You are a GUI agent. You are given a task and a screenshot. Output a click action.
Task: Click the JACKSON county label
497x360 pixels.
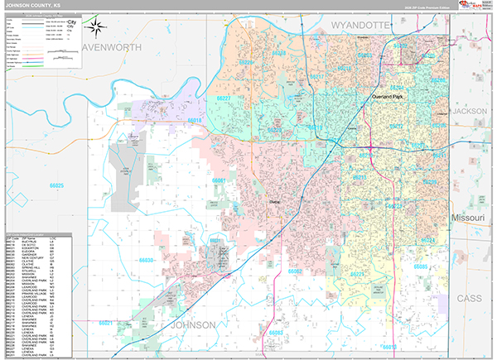[x=470, y=110]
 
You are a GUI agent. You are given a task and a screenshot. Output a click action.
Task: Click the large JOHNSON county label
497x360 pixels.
[x=199, y=325]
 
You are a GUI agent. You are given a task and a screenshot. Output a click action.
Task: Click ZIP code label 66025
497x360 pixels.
[x=57, y=186]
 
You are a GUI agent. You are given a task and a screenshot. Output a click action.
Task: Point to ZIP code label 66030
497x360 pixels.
[x=147, y=260]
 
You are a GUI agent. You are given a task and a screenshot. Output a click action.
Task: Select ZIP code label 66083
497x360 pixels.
[x=276, y=332]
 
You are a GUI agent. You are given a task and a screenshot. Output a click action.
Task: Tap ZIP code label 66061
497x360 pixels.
[x=219, y=180]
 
